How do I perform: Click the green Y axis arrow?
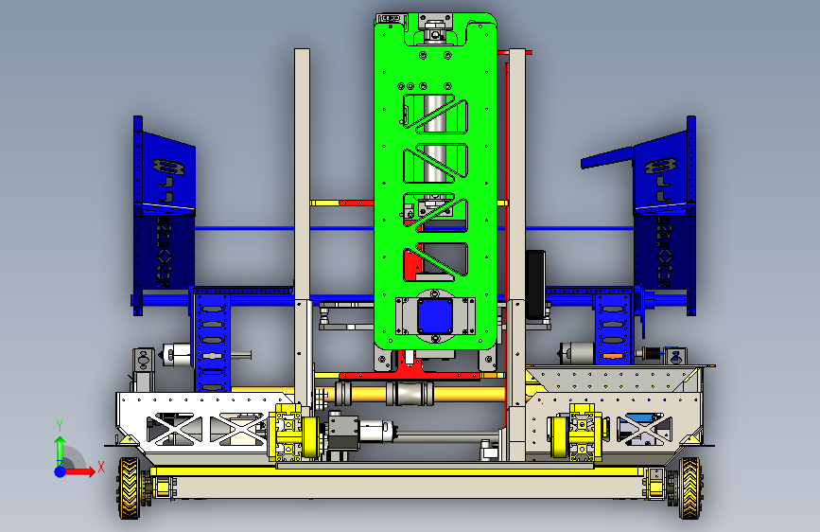60,450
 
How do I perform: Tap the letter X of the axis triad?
101,467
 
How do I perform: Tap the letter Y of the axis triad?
60,426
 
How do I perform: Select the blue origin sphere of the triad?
61,471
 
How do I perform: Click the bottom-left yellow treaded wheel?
130,488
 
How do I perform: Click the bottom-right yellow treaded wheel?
689,488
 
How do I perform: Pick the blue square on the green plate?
434,316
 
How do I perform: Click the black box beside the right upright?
535,285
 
